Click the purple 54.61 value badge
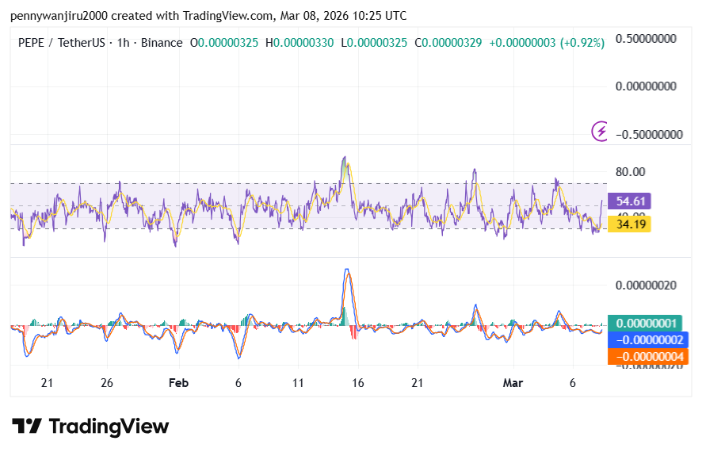(628, 201)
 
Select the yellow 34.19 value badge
(628, 224)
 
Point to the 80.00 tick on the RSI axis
(631, 171)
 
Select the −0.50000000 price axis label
(646, 134)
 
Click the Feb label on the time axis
(178, 382)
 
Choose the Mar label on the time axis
(513, 382)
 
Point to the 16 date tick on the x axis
(357, 382)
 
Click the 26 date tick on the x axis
(107, 382)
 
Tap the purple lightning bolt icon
(601, 131)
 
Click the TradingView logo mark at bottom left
(27, 427)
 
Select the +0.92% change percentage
(582, 42)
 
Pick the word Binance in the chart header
(162, 42)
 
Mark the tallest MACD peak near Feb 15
(346, 270)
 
